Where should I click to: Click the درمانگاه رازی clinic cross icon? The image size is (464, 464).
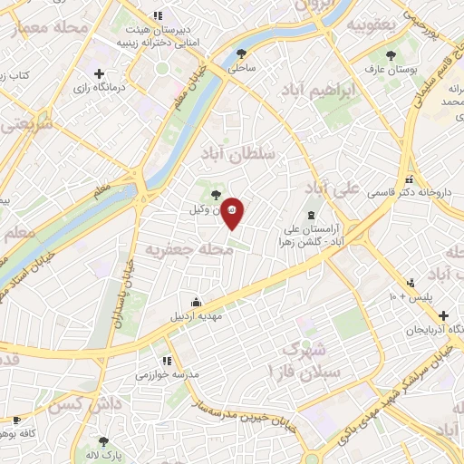99,73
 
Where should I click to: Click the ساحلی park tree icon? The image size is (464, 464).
241,53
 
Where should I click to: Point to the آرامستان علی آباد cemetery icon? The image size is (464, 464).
313,215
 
